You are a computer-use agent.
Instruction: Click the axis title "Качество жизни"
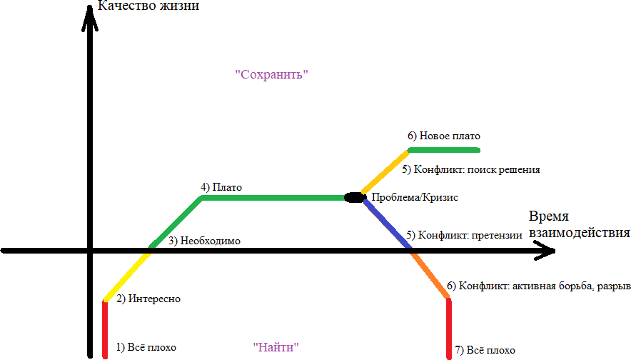148,6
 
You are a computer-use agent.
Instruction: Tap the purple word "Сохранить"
272,74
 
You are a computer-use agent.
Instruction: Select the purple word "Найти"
276,346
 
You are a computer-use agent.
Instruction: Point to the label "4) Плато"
221,187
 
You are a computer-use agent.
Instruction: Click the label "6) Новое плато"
444,136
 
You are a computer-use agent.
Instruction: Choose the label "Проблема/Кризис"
415,197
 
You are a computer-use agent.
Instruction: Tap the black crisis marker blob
355,197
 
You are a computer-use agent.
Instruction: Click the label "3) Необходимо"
204,241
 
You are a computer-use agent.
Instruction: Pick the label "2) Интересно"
148,299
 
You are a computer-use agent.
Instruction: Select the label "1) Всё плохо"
146,347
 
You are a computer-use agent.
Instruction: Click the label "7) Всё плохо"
485,350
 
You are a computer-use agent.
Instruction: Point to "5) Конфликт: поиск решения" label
471,169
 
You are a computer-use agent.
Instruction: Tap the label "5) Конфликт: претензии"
464,235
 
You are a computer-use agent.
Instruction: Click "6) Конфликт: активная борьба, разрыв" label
538,286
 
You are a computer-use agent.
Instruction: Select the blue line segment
387,223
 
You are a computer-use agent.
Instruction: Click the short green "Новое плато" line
444,150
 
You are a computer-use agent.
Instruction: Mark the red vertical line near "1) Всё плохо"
105,329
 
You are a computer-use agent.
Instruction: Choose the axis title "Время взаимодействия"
579,224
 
